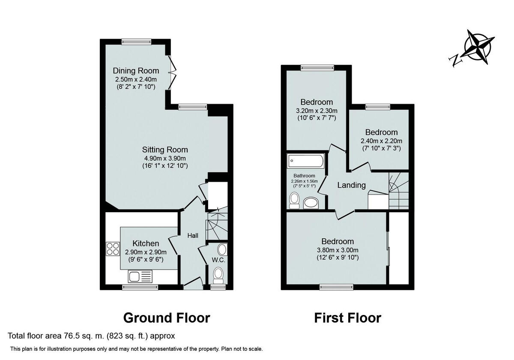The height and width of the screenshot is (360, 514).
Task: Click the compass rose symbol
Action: [x=477, y=47]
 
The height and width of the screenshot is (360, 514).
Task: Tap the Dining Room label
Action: [x=136, y=71]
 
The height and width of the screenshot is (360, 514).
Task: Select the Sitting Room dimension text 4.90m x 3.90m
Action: [x=165, y=158]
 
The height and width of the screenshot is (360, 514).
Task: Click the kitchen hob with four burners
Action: [x=113, y=249]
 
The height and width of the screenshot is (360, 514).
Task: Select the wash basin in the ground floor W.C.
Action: [x=222, y=249]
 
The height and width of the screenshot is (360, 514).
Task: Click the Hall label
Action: [x=193, y=235]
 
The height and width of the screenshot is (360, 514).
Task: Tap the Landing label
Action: [x=351, y=185]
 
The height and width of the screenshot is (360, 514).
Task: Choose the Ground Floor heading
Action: [x=167, y=318]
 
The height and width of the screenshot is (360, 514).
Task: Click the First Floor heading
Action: [x=347, y=318]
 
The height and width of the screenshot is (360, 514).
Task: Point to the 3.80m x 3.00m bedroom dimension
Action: [x=338, y=250]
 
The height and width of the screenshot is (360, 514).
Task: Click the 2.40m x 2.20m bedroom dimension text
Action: [x=381, y=141]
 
